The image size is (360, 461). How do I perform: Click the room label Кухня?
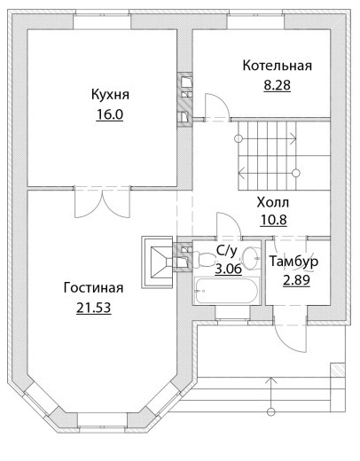point(110,95)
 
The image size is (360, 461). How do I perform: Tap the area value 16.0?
point(109,114)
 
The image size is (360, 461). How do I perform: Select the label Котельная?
point(277,66)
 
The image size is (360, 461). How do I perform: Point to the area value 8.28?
point(277,85)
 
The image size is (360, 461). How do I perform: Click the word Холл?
point(273,203)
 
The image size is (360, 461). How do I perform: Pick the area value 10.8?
point(273,220)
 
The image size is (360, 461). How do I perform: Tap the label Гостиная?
point(93,288)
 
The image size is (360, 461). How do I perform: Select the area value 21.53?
point(94,308)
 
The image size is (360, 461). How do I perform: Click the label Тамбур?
point(293,262)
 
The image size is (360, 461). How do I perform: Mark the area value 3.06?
point(228,269)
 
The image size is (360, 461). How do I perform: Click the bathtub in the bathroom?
point(226,290)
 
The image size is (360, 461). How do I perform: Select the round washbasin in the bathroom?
point(251,258)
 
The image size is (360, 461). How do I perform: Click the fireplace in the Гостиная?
point(157,262)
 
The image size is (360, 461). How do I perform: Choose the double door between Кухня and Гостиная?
point(102,203)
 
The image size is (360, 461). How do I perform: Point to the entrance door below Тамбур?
point(291,334)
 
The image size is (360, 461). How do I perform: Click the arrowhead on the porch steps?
point(270,380)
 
